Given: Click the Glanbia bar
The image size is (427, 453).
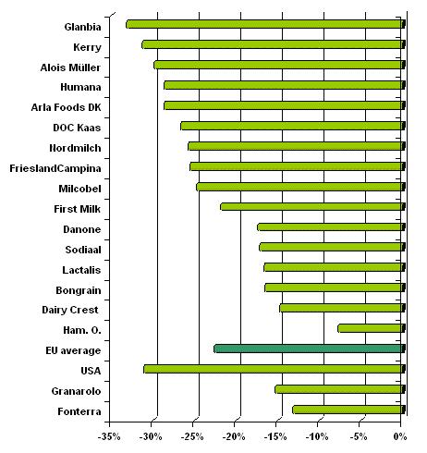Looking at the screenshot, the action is [x=265, y=24].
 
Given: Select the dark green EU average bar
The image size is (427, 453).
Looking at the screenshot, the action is [x=310, y=349].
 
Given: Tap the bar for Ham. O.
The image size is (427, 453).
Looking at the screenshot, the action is [x=372, y=328].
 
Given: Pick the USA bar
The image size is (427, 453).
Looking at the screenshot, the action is [x=274, y=369].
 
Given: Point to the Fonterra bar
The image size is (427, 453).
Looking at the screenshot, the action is [x=348, y=410].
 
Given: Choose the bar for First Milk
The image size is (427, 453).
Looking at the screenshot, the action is [x=312, y=206].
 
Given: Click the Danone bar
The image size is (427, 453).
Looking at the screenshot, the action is [x=331, y=227].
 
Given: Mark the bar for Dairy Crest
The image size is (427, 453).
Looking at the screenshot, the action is [x=342, y=308].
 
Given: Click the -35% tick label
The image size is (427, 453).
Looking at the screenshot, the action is [x=109, y=436].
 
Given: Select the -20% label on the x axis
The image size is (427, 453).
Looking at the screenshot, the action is [x=234, y=436].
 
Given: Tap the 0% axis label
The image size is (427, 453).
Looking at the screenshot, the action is [x=400, y=436].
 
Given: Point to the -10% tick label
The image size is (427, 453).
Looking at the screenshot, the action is [x=317, y=436].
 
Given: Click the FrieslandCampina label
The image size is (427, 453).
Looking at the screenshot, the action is [x=55, y=168].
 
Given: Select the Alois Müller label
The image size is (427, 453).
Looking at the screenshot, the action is [x=70, y=67].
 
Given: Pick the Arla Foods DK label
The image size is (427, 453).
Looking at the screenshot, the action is [x=66, y=107].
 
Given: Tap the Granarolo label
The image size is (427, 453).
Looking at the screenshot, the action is [x=76, y=391].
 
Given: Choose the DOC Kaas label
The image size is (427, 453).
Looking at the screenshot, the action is [x=77, y=128].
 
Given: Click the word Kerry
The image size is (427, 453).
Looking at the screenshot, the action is [x=87, y=47].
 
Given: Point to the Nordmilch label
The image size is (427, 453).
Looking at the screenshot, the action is [x=75, y=148].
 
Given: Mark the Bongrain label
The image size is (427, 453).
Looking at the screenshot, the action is [x=79, y=290].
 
